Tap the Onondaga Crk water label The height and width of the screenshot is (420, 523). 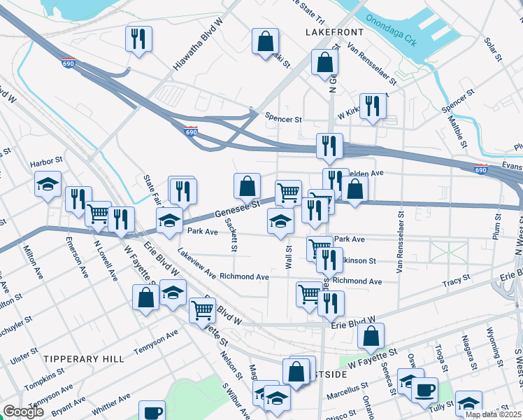(392, 31)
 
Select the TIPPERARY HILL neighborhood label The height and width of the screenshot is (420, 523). (84, 358)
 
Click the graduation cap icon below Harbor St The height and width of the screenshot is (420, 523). (48, 184)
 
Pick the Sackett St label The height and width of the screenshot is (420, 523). (231, 234)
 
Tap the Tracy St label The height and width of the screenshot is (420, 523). (456, 281)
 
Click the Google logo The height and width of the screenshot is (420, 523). (24, 412)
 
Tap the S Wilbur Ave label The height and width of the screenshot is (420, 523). (236, 400)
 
